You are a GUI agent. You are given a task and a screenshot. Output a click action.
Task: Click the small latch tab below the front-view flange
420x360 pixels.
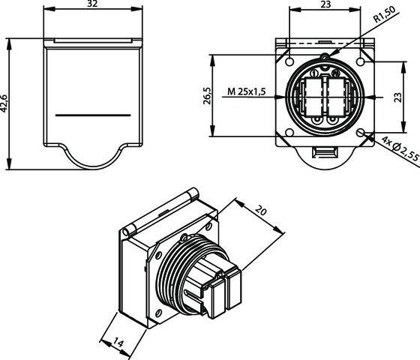coord(325,154)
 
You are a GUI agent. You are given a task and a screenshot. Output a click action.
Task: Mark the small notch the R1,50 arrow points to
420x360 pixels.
coord(324,56)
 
